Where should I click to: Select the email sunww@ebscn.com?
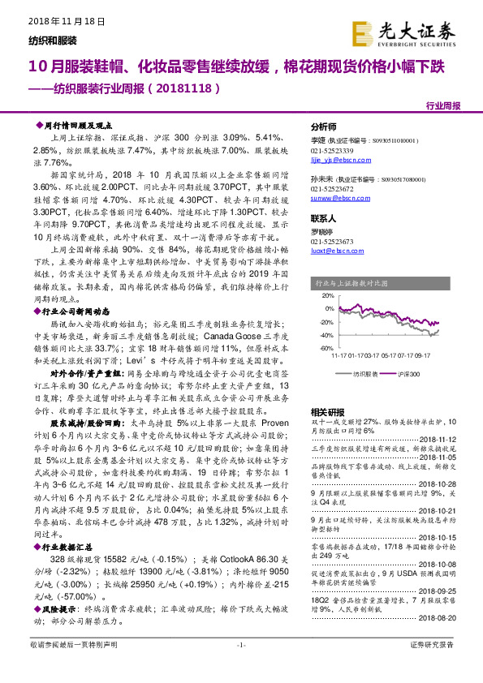coord(335,196)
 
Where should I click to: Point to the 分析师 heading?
coord(324,127)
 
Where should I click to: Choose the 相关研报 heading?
coord(327,411)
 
